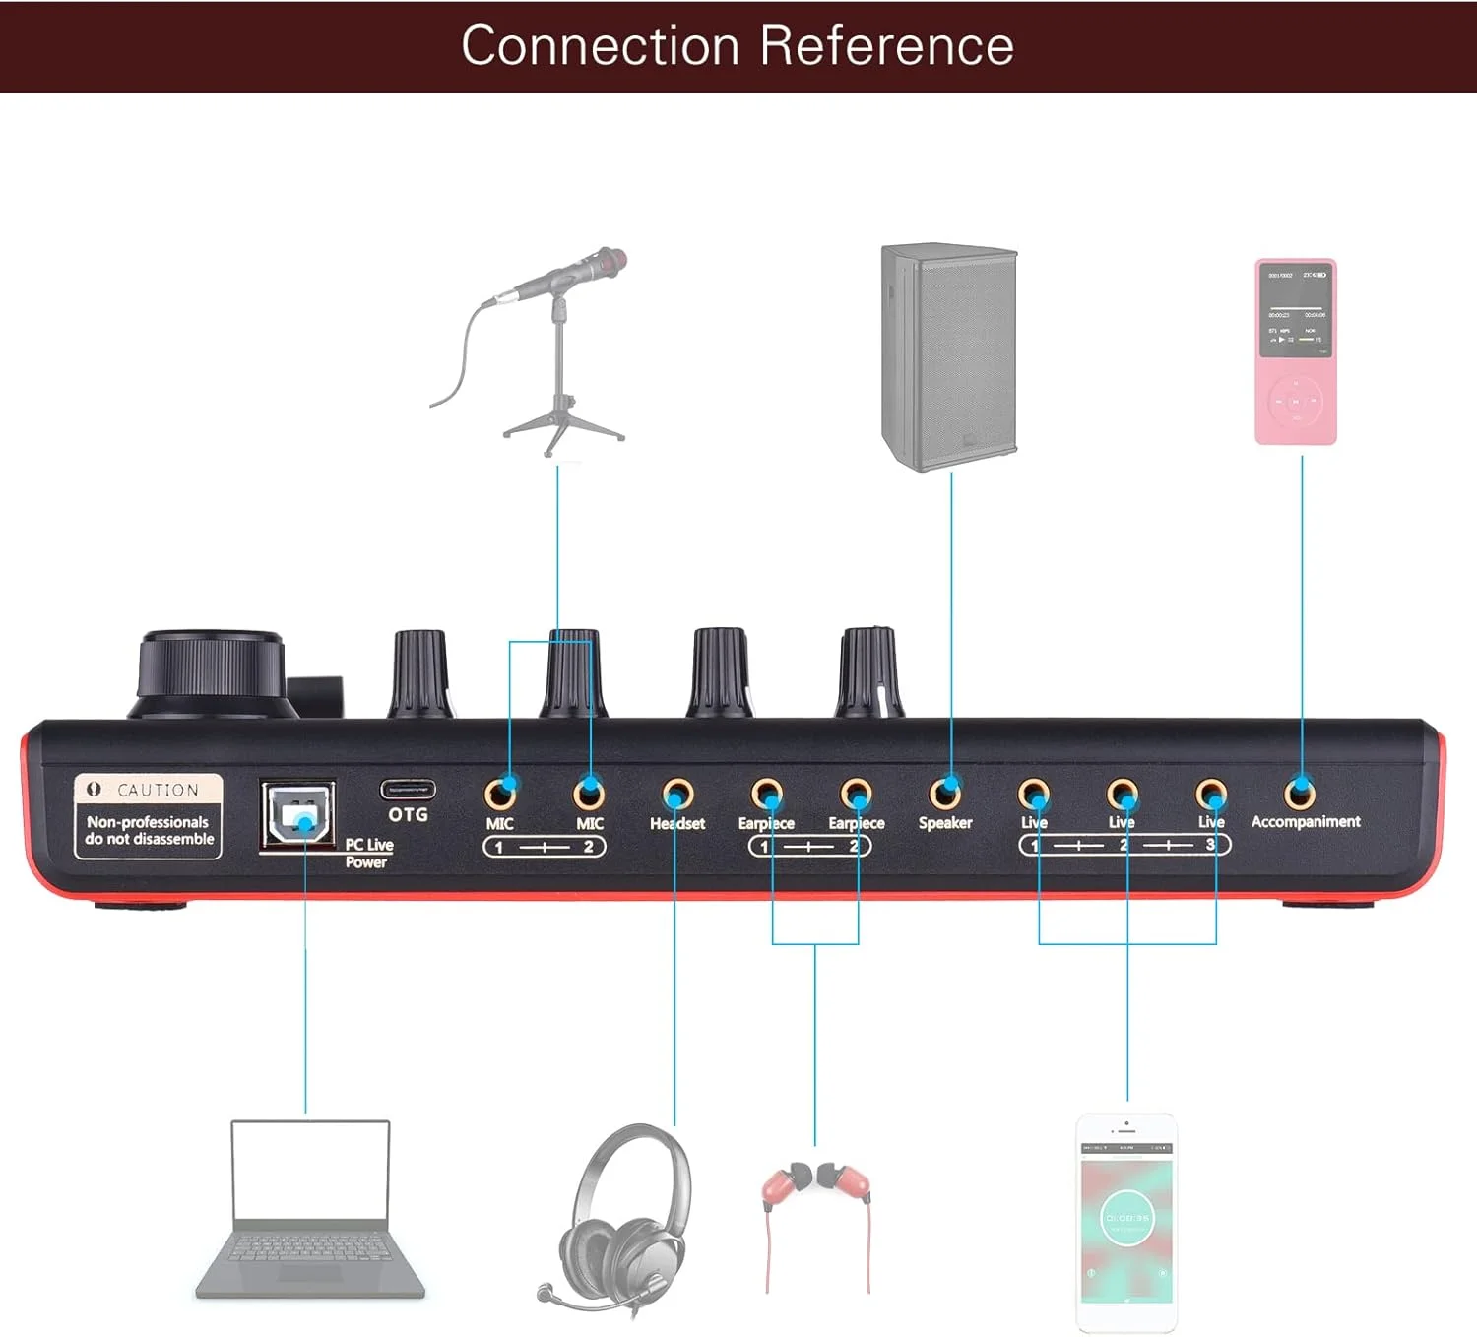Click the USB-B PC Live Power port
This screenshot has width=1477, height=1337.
pos(296,815)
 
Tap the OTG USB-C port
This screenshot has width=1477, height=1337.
pos(408,790)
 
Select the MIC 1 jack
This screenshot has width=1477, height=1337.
pos(501,792)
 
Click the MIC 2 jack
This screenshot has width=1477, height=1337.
pos(589,792)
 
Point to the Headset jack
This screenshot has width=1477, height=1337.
pos(677,793)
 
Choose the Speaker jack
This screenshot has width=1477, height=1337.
pos(945,792)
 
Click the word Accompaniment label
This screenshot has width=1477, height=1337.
pos(1306,821)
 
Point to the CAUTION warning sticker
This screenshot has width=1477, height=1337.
pos(148,816)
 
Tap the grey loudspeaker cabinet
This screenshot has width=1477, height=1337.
pos(949,356)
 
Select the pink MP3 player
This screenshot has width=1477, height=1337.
pos(1296,351)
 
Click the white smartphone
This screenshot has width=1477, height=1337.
pos(1126,1223)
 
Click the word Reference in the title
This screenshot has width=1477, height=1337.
pos(886,45)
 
